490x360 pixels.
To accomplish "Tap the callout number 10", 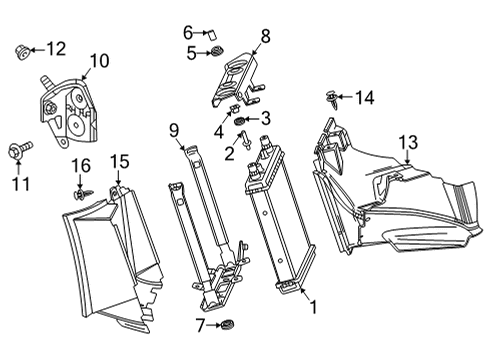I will (99, 62).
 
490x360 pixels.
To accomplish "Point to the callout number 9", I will (173, 129).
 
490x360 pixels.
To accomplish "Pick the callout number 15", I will (119, 161).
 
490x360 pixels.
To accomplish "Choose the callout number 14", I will (364, 97).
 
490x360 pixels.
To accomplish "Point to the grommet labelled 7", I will (228, 325).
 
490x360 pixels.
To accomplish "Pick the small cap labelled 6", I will (213, 33).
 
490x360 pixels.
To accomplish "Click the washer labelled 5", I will (213, 53).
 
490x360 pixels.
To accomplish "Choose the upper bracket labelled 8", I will (235, 75).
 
